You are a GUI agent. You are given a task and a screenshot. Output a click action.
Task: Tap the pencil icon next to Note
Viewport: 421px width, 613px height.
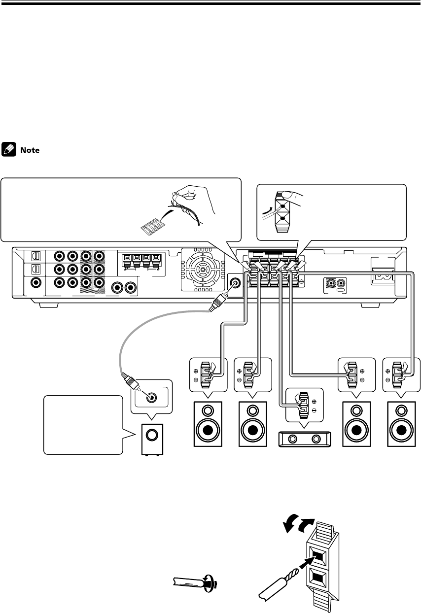[x=9, y=147]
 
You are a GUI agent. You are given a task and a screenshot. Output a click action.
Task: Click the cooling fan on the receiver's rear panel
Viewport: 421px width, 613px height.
[x=203, y=270]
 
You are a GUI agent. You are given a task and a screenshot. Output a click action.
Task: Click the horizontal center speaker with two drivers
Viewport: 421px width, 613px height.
[x=302, y=438]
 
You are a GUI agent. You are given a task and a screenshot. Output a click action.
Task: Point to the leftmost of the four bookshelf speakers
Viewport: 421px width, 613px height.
[x=207, y=423]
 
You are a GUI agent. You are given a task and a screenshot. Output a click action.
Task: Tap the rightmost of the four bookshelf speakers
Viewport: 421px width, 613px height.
[x=403, y=423]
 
